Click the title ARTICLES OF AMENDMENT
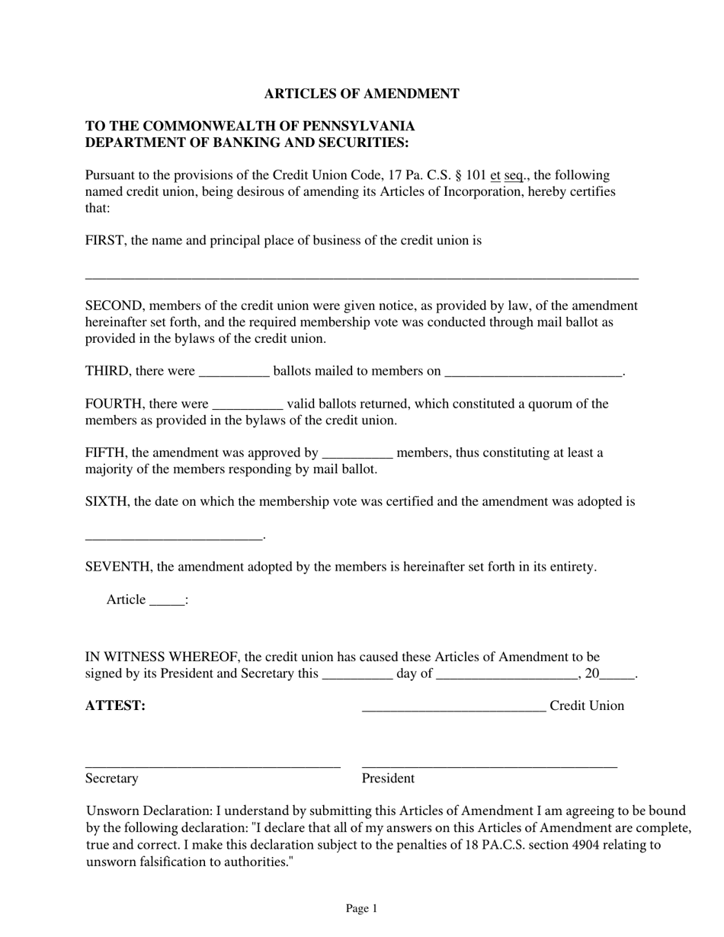[361, 94]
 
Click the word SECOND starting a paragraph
[114, 306]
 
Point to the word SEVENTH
[119, 568]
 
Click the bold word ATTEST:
[115, 706]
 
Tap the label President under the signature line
[388, 779]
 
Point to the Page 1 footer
[361, 909]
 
